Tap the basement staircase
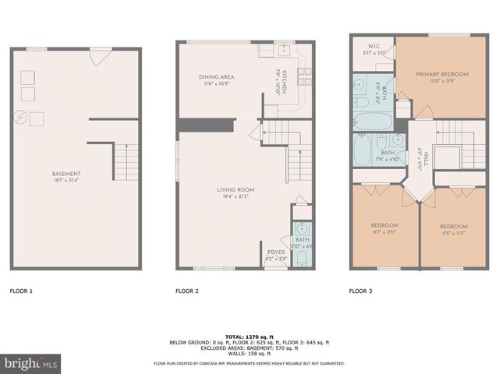pos(125,164)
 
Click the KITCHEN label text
pos(285,81)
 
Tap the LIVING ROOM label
pos(235,189)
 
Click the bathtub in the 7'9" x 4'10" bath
pos(363,151)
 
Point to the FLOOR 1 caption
pos(21,291)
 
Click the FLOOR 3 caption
pos(360,291)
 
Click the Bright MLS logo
pos(31,363)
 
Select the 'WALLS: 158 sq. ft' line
pos(249,353)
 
